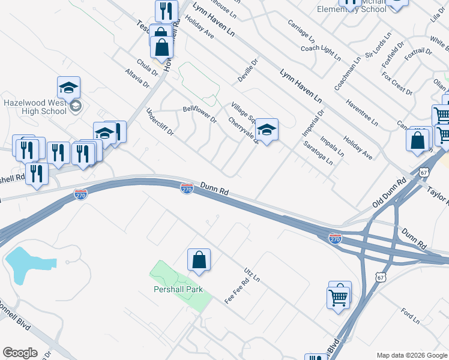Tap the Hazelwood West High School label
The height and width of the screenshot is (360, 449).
pos(34,107)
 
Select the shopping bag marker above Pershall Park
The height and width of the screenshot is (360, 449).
pos(199,260)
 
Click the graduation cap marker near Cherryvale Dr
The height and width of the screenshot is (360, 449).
pos(267,130)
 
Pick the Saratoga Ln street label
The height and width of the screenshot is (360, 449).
pos(318,154)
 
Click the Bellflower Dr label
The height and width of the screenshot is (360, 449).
pos(199,113)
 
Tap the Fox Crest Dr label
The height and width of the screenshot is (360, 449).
pos(397,84)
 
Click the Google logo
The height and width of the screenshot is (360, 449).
pos(20,353)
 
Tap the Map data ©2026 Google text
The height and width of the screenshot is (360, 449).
pos(411,355)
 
